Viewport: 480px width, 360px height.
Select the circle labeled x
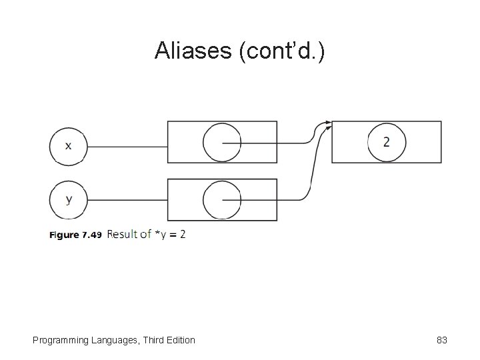(69, 146)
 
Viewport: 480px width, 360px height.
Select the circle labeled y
(69, 199)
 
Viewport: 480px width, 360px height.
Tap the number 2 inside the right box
(387, 142)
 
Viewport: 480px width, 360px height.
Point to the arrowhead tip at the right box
(331, 123)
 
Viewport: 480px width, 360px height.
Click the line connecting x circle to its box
(127, 146)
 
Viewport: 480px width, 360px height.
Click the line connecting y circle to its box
(127, 199)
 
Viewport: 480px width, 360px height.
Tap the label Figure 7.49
(75, 235)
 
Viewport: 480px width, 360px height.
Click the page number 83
(441, 340)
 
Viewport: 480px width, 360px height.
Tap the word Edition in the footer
(178, 340)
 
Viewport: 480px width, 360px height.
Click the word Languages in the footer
(110, 340)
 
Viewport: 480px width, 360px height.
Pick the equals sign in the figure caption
(172, 235)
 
